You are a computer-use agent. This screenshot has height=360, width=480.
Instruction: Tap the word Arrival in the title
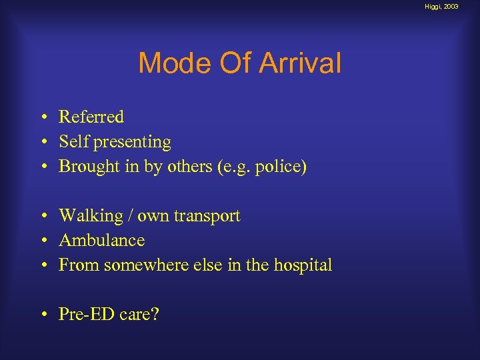point(300,64)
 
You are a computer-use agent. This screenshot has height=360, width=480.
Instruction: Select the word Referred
point(91,117)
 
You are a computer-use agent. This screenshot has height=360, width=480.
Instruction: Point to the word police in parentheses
point(281,167)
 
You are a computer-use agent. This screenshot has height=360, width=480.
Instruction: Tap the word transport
point(208,216)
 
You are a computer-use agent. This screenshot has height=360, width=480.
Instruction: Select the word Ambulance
point(101,240)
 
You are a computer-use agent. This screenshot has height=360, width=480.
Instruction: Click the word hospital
point(303,265)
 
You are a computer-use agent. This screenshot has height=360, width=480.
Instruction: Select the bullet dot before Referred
point(42,117)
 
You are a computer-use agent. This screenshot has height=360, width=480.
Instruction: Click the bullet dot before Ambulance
point(42,241)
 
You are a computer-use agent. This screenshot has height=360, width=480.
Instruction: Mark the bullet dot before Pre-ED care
point(42,315)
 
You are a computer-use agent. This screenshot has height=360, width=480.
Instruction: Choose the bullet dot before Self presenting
point(42,143)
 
